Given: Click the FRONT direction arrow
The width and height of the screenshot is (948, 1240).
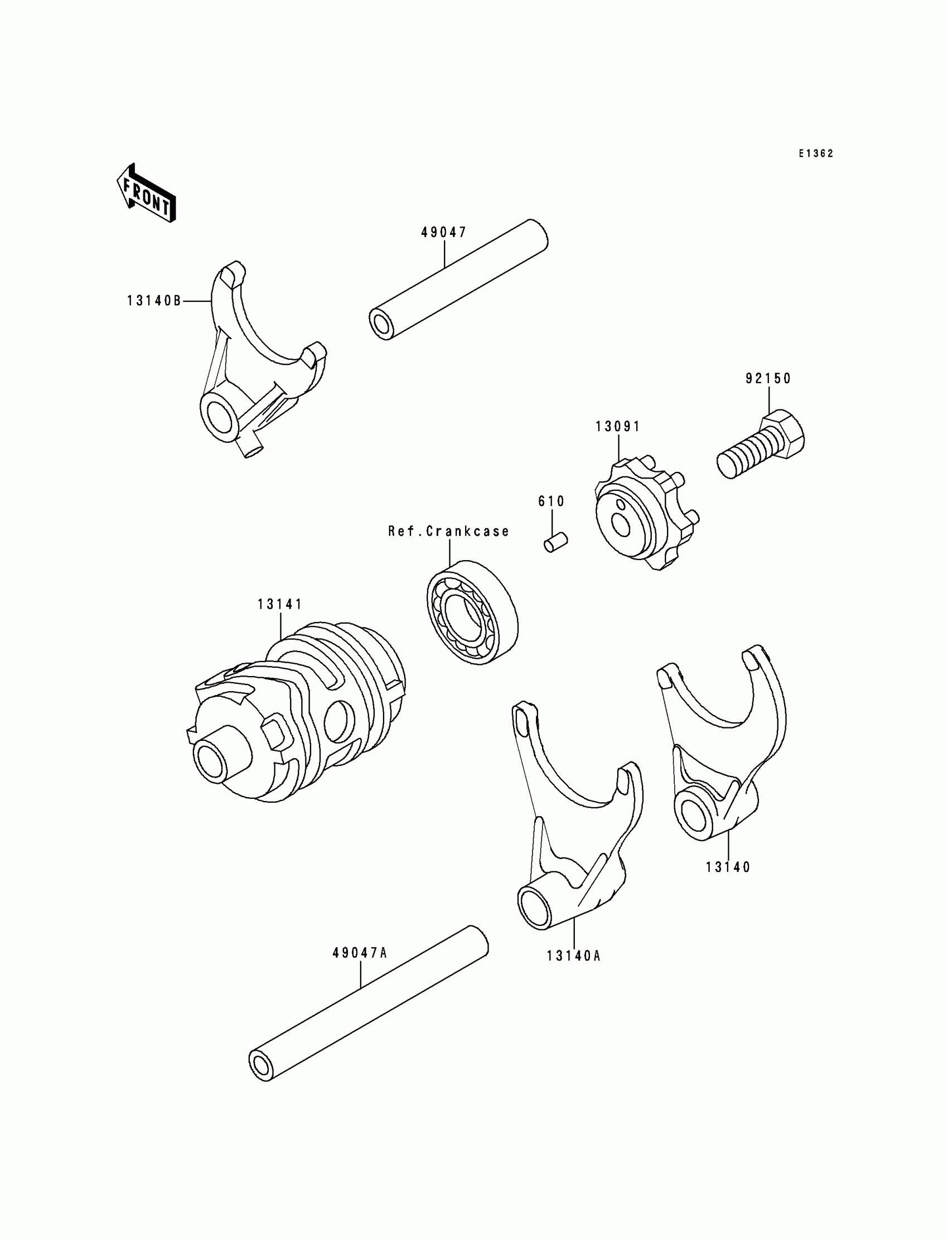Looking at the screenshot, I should coord(146,193).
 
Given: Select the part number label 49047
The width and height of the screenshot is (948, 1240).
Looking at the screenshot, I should coord(444,233).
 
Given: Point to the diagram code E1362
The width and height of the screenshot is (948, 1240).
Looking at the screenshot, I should coord(815,153).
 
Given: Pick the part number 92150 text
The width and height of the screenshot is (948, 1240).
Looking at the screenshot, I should coord(768,379).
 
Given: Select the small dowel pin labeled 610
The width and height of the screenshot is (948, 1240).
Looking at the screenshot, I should coord(556,542).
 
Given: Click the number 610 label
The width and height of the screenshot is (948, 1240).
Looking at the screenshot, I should coord(552,501).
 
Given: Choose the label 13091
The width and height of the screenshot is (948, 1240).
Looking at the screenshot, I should coord(618,427).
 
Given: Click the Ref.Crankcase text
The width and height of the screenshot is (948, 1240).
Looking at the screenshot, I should coord(448,532).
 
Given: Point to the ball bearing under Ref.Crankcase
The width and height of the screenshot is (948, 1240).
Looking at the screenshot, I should coord(472,612).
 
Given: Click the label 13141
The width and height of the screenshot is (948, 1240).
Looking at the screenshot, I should coord(280,605).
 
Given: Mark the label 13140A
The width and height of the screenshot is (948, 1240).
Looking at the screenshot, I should coord(573,956).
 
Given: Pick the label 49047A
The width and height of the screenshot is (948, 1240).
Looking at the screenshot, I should coord(360,953).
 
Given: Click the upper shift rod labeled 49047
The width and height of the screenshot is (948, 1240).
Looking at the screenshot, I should coord(458,279).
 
